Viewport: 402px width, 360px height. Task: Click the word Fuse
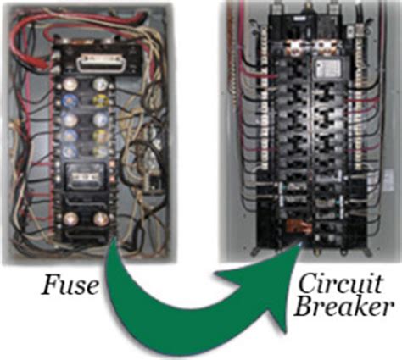pos(70,285)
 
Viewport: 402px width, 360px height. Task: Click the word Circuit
pos(341,283)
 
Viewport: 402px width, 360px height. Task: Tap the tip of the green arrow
pos(300,243)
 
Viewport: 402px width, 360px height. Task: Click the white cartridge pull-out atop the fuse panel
pos(99,63)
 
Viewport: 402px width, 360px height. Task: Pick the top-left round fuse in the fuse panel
pos(70,84)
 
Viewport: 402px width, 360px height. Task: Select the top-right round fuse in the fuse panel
pos(99,84)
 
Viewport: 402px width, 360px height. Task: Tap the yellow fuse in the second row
pos(100,101)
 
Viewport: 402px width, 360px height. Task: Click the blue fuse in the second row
pos(70,101)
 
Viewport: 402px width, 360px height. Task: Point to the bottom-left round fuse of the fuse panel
pos(70,219)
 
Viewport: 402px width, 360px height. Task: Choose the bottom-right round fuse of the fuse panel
pos(101,219)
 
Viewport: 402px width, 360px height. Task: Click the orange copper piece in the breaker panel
pos(299,226)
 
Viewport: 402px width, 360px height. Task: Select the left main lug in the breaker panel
pos(297,47)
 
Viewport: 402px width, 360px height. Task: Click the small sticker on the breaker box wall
pos(389,180)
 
